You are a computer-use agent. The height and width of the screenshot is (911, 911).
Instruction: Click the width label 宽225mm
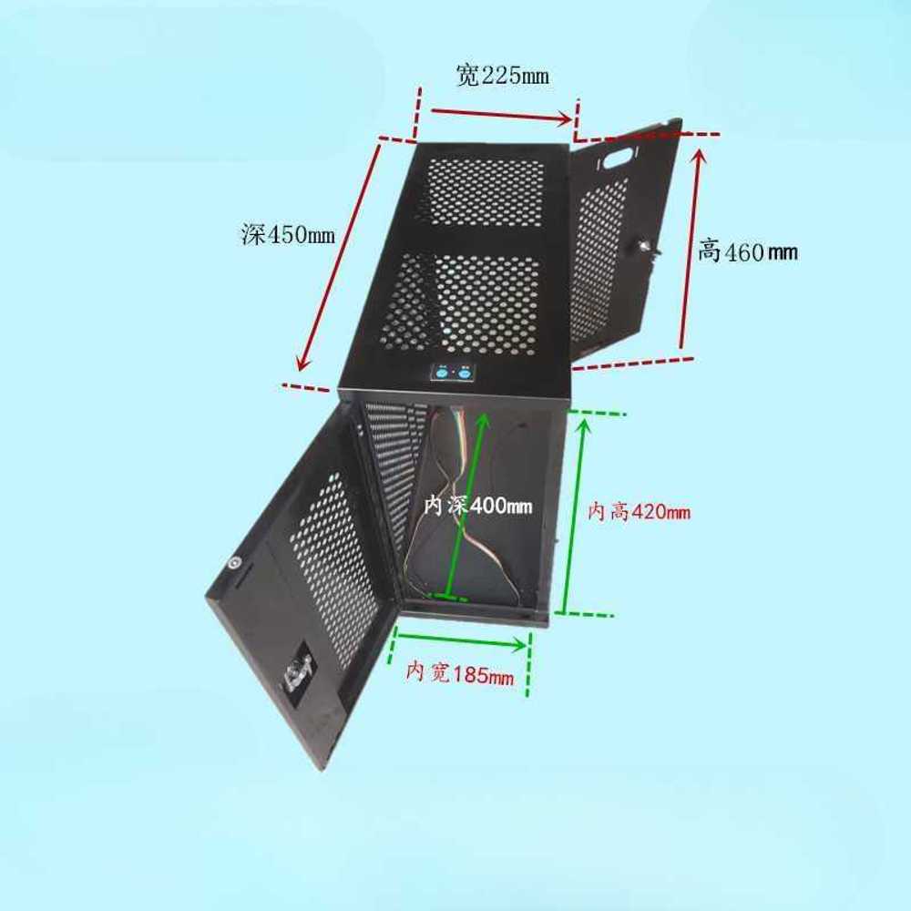pyautogui.click(x=503, y=75)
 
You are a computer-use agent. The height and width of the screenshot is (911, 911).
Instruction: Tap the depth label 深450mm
pyautogui.click(x=288, y=235)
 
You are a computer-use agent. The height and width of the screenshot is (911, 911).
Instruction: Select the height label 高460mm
pyautogui.click(x=747, y=251)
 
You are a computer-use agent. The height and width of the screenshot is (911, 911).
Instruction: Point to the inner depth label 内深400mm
pyautogui.click(x=477, y=506)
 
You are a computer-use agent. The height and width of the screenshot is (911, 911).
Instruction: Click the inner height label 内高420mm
pyautogui.click(x=639, y=512)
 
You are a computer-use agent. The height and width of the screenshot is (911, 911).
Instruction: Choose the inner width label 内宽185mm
pyautogui.click(x=459, y=673)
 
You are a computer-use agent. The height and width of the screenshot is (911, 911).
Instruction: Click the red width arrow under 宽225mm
pyautogui.click(x=501, y=115)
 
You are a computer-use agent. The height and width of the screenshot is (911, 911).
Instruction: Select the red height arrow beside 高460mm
pyautogui.click(x=691, y=249)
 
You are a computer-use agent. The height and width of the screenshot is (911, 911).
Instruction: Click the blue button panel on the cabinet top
pyautogui.click(x=453, y=372)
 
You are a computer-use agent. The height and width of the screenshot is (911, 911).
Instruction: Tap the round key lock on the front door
pyautogui.click(x=234, y=562)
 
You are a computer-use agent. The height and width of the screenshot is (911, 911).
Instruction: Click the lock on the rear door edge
pyautogui.click(x=649, y=249)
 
